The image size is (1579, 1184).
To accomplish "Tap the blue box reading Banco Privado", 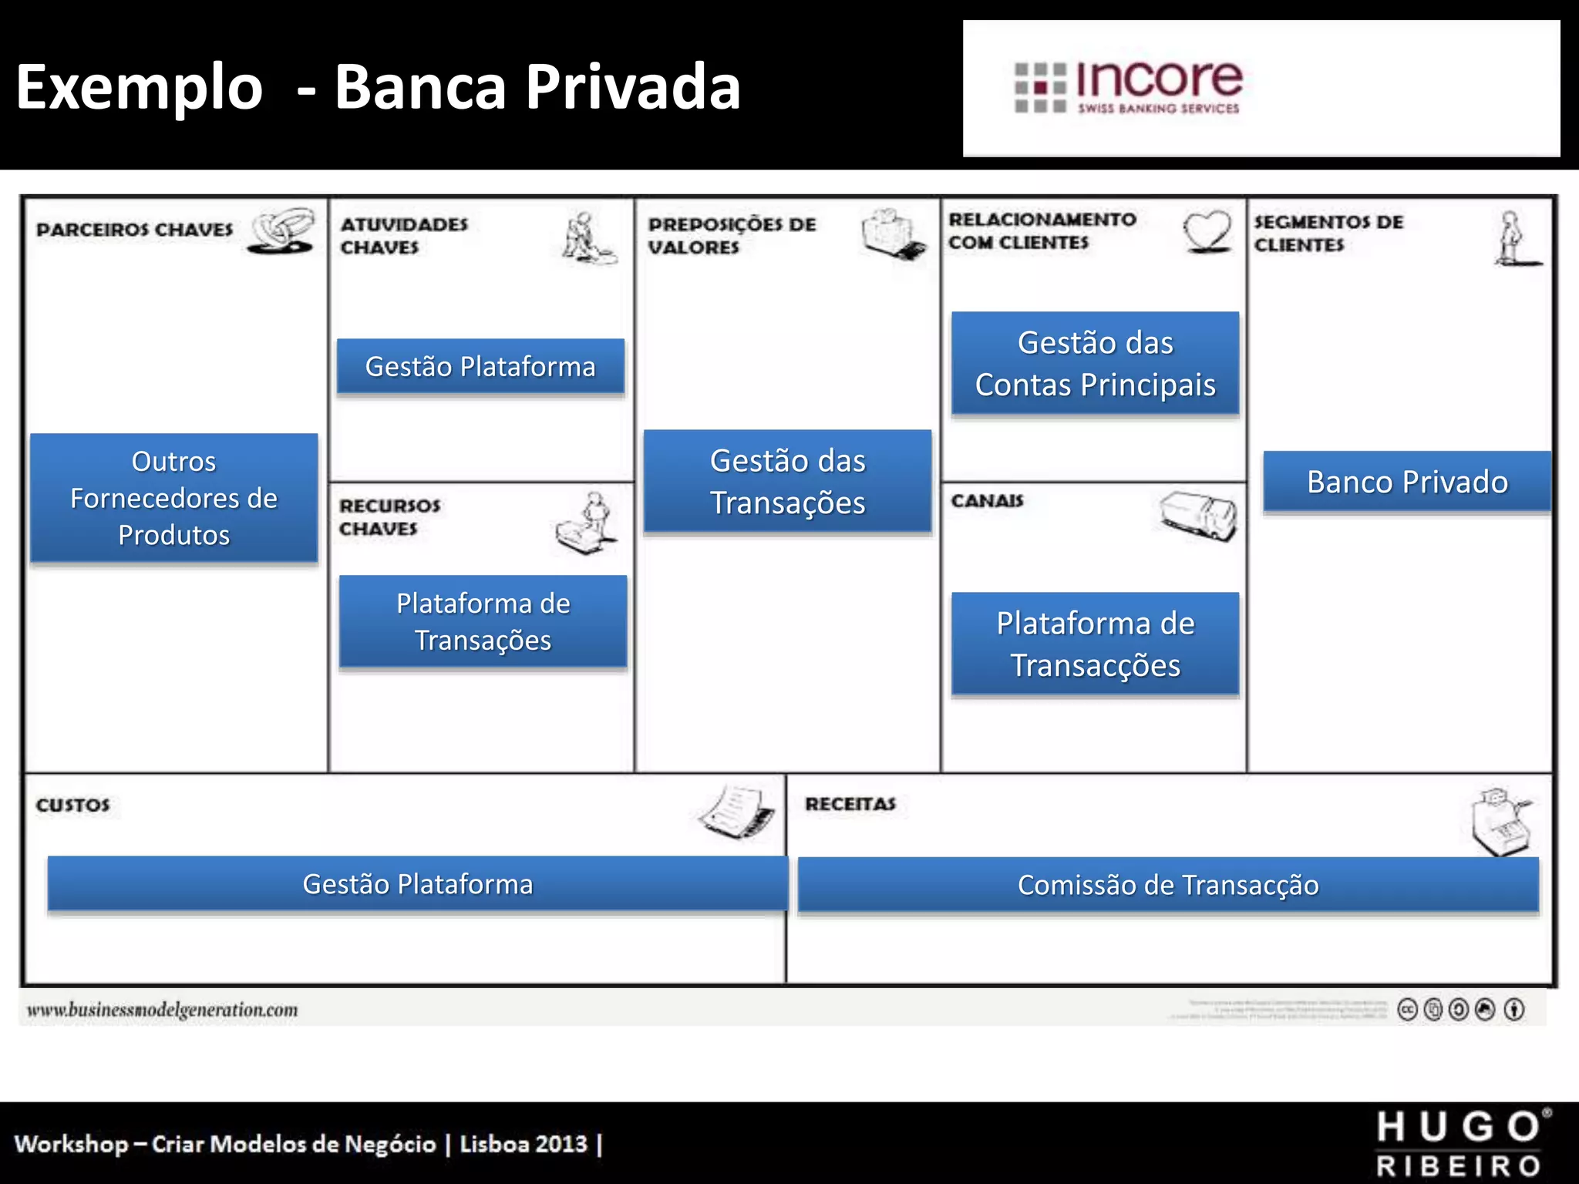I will (x=1407, y=483).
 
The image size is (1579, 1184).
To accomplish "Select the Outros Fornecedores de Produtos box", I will (x=174, y=498).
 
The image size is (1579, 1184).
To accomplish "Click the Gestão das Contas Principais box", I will (x=1095, y=364).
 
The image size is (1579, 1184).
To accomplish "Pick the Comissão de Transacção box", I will (x=1168, y=885).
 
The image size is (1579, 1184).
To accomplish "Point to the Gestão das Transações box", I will (x=787, y=482).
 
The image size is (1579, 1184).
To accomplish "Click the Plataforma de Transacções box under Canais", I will (x=1095, y=644).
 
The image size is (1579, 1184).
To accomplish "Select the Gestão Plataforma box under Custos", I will (x=417, y=884).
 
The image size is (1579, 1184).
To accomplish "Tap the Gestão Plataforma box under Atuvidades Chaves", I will (x=480, y=367).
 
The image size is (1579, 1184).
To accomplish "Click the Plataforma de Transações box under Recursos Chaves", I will (x=483, y=621).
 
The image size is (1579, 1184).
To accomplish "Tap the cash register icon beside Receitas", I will (x=1500, y=822).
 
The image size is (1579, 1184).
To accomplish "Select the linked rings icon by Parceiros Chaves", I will (x=282, y=230).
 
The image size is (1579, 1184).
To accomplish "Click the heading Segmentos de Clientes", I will (x=1328, y=233).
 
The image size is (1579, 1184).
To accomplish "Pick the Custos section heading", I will (x=73, y=805).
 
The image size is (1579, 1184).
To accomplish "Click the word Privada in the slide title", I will (x=633, y=86).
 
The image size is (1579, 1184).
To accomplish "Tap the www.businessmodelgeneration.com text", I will (x=162, y=1010).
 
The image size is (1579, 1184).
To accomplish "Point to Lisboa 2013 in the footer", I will (x=524, y=1144).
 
